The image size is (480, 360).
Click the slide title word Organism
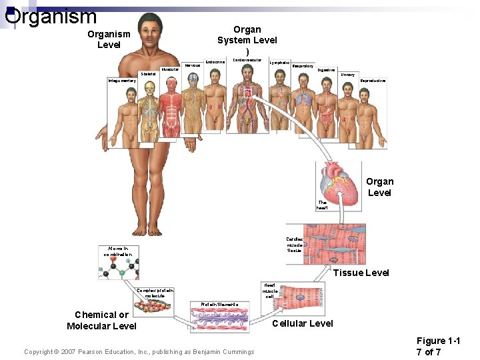coord(51,15)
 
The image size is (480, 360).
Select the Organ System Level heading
coord(247,40)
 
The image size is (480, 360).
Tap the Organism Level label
coord(109,39)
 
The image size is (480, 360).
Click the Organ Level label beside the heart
coord(379,187)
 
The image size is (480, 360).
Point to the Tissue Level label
coord(361,273)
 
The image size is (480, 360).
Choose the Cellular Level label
coord(303,323)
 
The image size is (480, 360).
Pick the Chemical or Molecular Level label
coord(101,320)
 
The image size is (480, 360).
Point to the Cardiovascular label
coord(247,60)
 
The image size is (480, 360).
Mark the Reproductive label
coord(373,81)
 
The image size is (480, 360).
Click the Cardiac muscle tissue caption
coord(294,245)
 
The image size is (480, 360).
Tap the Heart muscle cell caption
coord(269,290)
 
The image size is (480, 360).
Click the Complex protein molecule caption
coord(155,293)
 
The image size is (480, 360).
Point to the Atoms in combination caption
coord(118,251)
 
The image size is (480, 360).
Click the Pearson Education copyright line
coord(139,352)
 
